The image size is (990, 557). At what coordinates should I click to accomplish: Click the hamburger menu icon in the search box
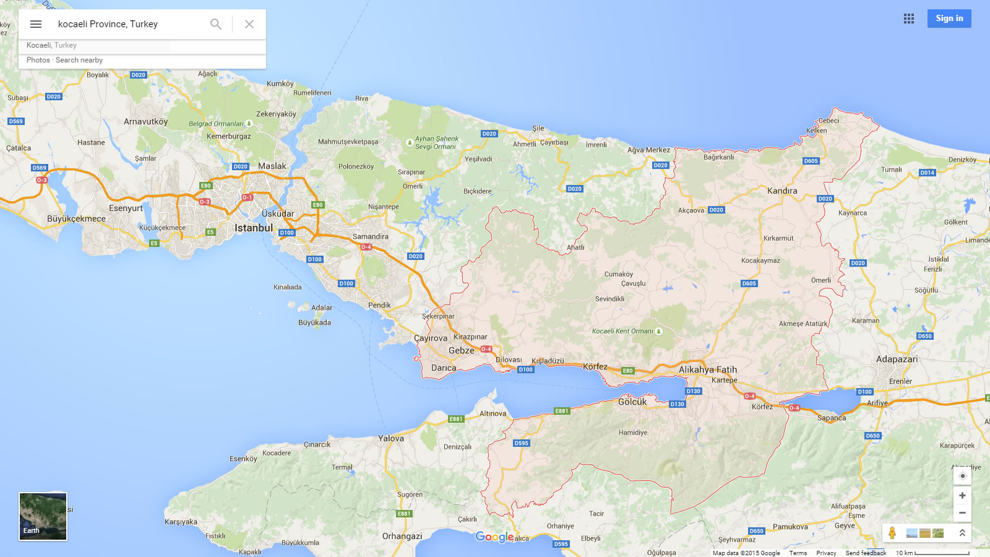pos(36,24)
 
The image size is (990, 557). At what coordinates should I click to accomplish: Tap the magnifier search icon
pos(215,24)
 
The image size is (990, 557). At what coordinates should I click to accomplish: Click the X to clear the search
pos(249,24)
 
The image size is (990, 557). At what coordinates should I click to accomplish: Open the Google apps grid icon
pos(908,19)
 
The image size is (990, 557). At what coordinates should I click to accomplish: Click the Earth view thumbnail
pos(43,516)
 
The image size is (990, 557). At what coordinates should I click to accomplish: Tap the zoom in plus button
pos(962,496)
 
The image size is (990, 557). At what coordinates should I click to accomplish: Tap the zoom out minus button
pos(962,513)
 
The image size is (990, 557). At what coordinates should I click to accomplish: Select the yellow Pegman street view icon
pos(892,533)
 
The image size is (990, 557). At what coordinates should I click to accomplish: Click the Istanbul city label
pos(254,228)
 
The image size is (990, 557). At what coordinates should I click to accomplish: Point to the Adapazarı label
pos(897,360)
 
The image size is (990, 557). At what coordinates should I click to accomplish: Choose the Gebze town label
pos(462,351)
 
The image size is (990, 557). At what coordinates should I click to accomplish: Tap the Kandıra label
pos(782,191)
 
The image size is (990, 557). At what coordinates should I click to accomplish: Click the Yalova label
pos(391,439)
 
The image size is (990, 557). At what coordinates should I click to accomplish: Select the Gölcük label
pos(632,402)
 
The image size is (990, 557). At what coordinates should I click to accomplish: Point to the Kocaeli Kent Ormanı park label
pos(622,331)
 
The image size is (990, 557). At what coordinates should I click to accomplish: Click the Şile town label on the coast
pos(538,129)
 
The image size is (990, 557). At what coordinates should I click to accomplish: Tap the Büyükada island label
pos(314,322)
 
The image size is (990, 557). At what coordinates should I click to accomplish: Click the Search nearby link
pos(79,60)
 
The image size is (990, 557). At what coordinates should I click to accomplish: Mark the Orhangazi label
pos(402,536)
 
